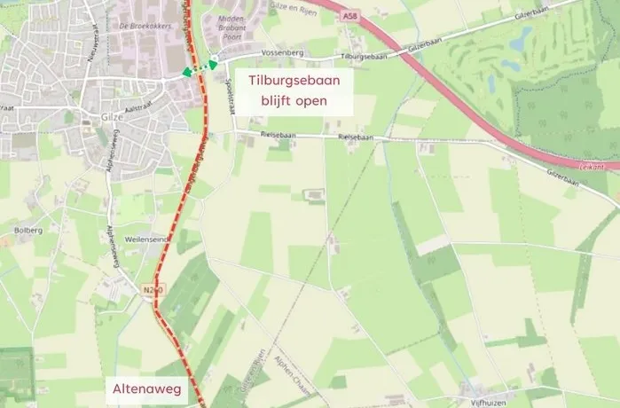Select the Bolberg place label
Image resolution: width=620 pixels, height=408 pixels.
(x=27, y=229)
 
